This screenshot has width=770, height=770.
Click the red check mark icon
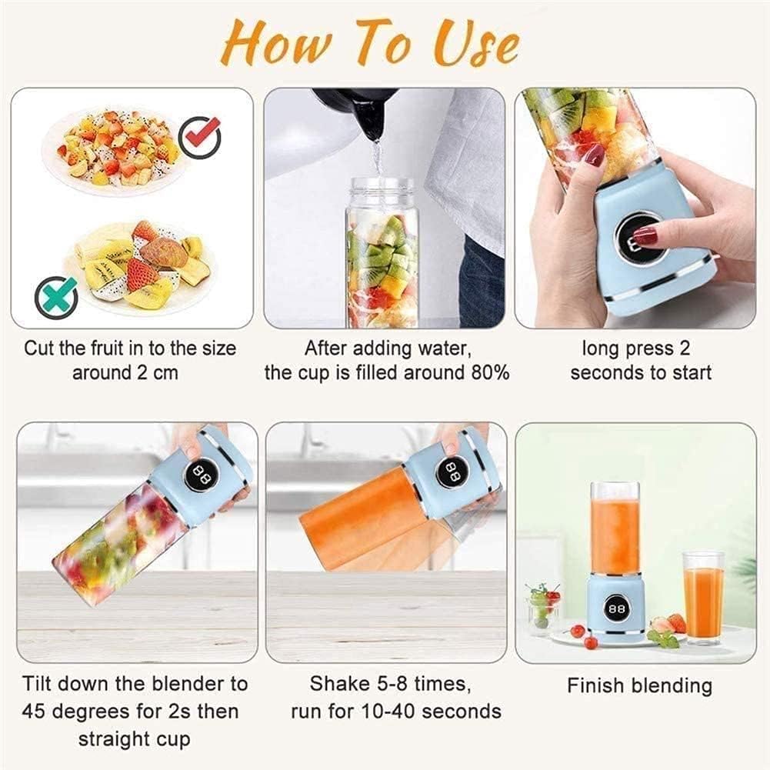pos(200,138)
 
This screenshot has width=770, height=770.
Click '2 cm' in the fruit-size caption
pos(157,373)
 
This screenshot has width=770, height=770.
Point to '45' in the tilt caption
pos(33,711)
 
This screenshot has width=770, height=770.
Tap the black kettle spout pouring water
pos(372,118)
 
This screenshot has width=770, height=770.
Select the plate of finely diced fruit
pos(114,149)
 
